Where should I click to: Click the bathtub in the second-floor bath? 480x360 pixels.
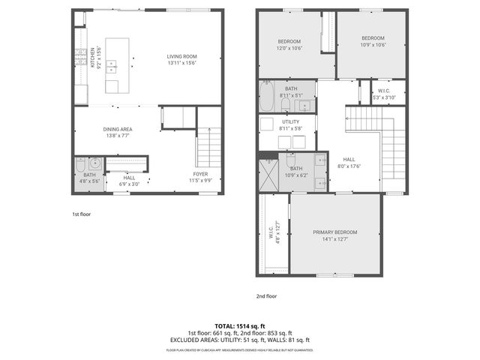click(267, 95)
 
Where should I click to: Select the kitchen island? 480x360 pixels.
click(116, 64)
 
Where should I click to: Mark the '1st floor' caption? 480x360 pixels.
click(81, 214)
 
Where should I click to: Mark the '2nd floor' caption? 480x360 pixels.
click(266, 295)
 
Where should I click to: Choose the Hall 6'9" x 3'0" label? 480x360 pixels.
click(129, 181)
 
